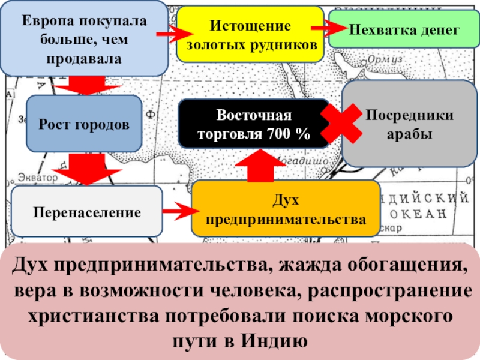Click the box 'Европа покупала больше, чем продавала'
tap(84, 37)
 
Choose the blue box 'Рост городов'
tap(83, 125)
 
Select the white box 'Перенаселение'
tap(87, 211)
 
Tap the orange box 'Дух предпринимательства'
tap(285, 209)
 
